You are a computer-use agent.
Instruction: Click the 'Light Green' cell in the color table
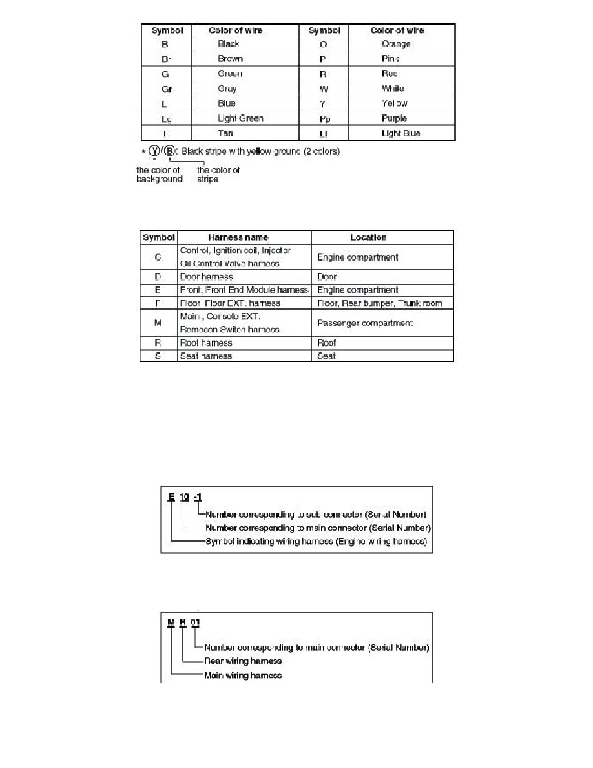point(240,118)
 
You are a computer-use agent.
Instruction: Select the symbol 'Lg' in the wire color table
point(166,119)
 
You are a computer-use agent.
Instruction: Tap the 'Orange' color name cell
point(396,44)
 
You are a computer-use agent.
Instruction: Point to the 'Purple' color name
point(394,118)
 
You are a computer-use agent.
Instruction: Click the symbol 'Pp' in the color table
point(325,119)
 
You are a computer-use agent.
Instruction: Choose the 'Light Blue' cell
point(401,133)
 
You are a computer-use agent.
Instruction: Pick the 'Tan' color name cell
point(225,133)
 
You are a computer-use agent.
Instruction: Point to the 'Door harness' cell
point(206,277)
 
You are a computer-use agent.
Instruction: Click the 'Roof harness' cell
point(205,343)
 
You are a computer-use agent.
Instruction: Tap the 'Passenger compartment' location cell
point(365,323)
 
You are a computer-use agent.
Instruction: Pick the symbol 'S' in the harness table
point(158,356)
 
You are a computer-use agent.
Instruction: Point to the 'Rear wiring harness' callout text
point(243,661)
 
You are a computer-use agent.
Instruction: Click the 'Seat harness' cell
point(205,356)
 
